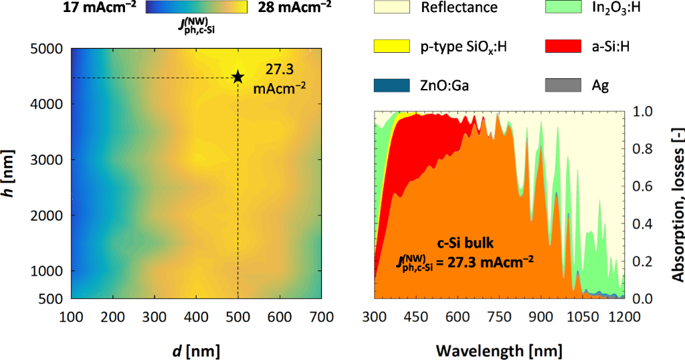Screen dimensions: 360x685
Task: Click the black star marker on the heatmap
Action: pyautogui.click(x=237, y=77)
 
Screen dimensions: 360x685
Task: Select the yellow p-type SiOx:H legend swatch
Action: pyautogui.click(x=391, y=46)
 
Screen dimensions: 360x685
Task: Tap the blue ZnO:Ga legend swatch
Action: pyautogui.click(x=391, y=85)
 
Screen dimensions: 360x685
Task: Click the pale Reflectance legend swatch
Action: pyautogui.click(x=391, y=8)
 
